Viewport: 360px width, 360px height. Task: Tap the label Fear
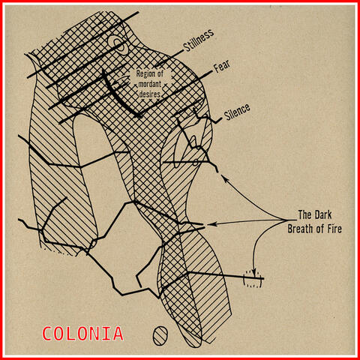[222, 67]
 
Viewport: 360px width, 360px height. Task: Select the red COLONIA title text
[82, 333]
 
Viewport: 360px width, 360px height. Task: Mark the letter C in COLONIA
[48, 333]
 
